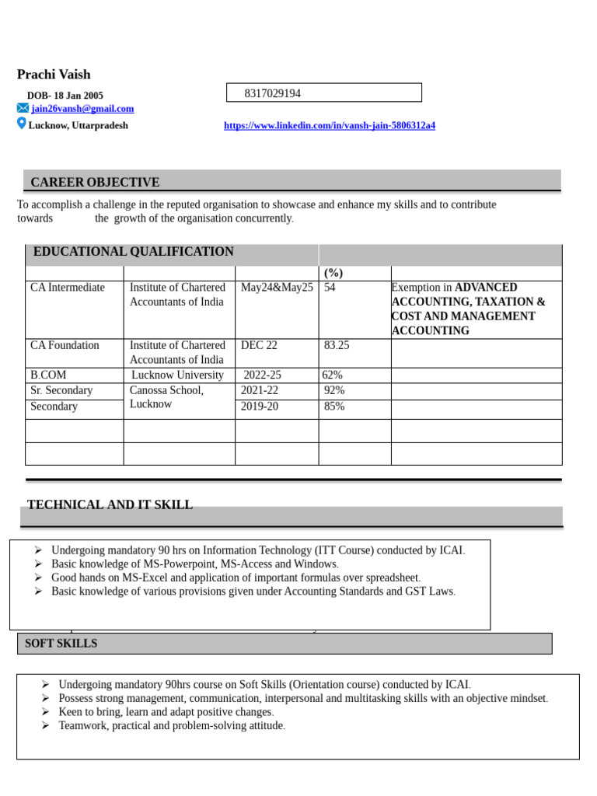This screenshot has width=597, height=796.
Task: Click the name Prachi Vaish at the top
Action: tap(54, 75)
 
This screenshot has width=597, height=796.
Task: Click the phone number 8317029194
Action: tap(272, 93)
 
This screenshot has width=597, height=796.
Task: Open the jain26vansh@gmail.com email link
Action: tap(82, 109)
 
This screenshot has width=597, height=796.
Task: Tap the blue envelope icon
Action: tap(23, 109)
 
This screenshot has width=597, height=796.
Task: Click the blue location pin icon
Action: tap(22, 124)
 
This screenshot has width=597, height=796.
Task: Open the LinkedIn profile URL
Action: tap(330, 125)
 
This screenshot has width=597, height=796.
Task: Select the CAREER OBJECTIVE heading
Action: tap(95, 182)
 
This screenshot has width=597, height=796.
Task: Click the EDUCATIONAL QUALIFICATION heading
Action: tap(133, 251)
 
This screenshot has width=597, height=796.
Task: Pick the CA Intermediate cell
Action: tap(68, 288)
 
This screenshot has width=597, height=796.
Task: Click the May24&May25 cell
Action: tap(277, 288)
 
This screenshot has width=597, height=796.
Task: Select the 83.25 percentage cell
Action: tap(337, 345)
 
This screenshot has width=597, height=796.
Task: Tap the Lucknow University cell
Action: tap(178, 375)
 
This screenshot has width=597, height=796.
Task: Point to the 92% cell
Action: tap(334, 390)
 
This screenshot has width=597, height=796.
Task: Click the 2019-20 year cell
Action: tap(260, 406)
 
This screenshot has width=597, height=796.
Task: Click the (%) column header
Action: tap(333, 273)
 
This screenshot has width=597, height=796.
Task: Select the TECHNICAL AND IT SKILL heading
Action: tap(110, 504)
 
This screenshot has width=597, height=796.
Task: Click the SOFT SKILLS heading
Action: tap(61, 643)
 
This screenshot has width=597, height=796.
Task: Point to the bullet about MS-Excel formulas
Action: tap(236, 578)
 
